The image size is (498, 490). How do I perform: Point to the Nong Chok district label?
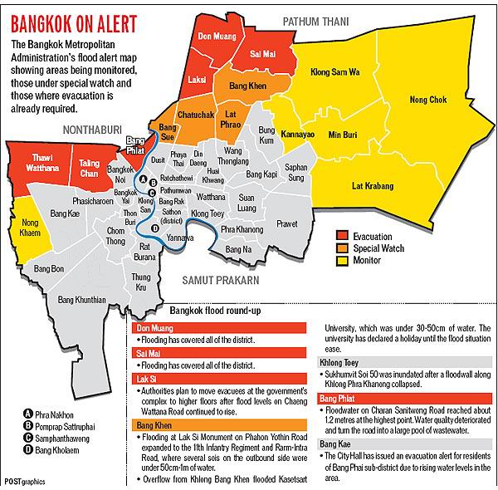[427, 100]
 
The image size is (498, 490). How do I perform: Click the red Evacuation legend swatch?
[343, 237]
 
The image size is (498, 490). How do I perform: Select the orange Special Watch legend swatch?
[343, 248]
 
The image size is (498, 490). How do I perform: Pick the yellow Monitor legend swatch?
[343, 260]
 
